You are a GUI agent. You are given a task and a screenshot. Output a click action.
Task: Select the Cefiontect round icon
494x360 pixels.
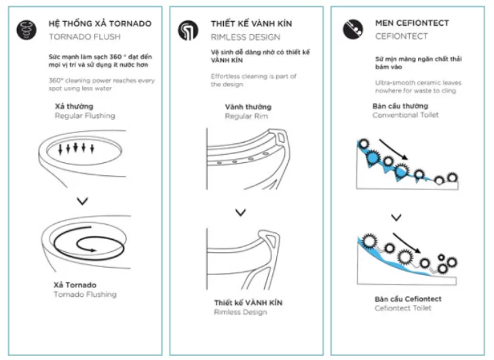[x=353, y=28]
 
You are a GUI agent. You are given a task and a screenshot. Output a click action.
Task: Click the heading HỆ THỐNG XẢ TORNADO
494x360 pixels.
[x=100, y=23]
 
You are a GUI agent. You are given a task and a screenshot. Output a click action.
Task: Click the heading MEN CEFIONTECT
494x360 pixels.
[x=412, y=23]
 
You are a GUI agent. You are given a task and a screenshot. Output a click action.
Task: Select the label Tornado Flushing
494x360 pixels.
[x=85, y=294]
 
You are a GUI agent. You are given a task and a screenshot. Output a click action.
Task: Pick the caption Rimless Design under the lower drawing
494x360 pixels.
[x=241, y=312]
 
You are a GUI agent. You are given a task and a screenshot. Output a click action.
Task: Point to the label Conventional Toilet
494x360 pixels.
[x=405, y=115]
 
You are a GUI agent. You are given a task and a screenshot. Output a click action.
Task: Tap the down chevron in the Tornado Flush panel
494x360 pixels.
[x=82, y=200]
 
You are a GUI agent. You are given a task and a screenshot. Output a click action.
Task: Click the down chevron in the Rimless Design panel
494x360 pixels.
[x=240, y=213]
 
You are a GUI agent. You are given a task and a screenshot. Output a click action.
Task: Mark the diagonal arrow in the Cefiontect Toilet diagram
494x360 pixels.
[x=406, y=245]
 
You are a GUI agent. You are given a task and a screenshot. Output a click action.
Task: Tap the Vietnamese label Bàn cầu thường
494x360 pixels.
[x=400, y=106]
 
